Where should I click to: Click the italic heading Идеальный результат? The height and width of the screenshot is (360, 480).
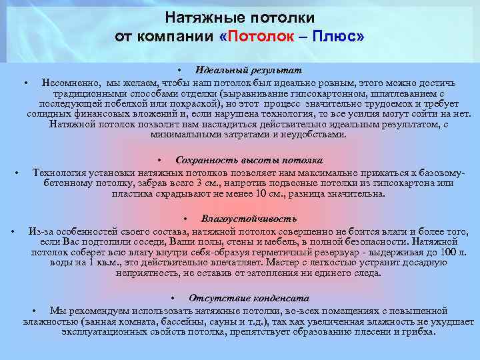[249, 70]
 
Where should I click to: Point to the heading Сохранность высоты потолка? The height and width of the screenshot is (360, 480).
[249, 160]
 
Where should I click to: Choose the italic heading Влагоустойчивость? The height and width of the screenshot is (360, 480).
[249, 218]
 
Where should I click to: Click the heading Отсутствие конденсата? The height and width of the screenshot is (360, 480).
[249, 298]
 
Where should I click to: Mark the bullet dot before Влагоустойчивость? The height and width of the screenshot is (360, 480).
[185, 219]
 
